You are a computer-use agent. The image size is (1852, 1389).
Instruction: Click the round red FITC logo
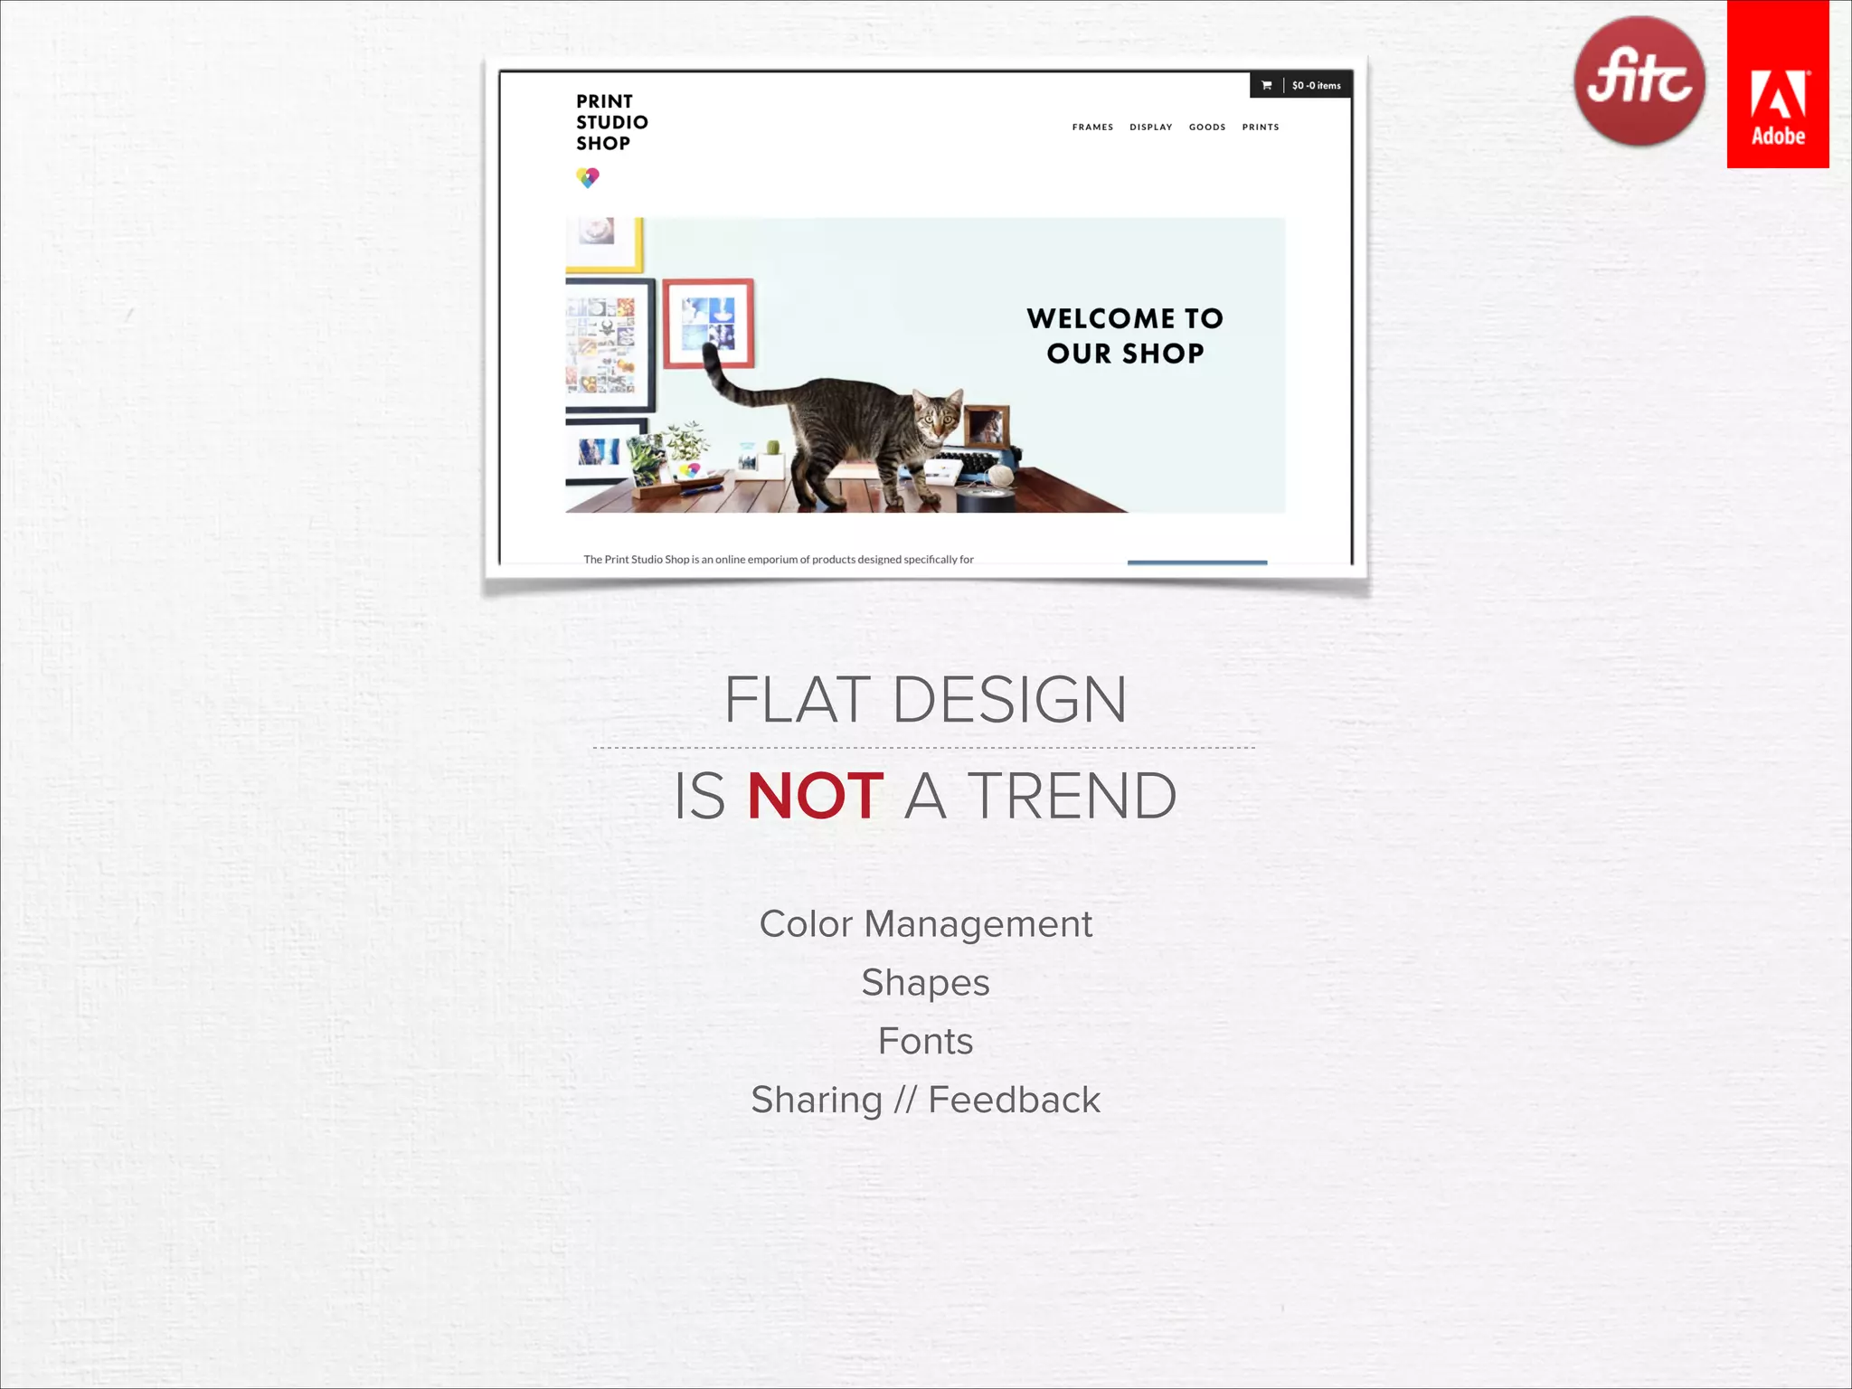point(1639,81)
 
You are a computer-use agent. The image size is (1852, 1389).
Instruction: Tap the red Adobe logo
point(1777,84)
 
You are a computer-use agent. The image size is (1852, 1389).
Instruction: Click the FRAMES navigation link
point(1092,128)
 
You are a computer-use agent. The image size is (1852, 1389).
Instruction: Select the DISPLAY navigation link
point(1150,128)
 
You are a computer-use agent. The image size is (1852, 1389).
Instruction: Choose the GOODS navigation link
point(1207,128)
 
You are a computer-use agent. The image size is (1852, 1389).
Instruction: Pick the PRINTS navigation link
point(1261,128)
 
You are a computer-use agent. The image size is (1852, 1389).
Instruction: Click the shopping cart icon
point(1267,86)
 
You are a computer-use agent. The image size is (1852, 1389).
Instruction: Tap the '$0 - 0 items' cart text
point(1316,86)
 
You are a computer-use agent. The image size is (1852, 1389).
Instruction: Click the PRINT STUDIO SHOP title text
point(611,122)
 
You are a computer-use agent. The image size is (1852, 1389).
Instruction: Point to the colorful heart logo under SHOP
point(588,177)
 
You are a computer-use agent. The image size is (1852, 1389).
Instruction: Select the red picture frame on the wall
point(708,323)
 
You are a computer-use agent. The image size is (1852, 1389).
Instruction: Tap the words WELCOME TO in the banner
point(1125,318)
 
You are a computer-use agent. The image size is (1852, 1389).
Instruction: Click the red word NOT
point(815,797)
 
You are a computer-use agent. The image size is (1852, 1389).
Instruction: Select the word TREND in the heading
point(1072,797)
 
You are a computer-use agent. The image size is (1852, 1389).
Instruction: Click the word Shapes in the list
point(925,983)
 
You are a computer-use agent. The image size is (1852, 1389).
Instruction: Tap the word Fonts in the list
point(925,1042)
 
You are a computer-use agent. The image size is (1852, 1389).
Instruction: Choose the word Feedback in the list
point(1014,1101)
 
